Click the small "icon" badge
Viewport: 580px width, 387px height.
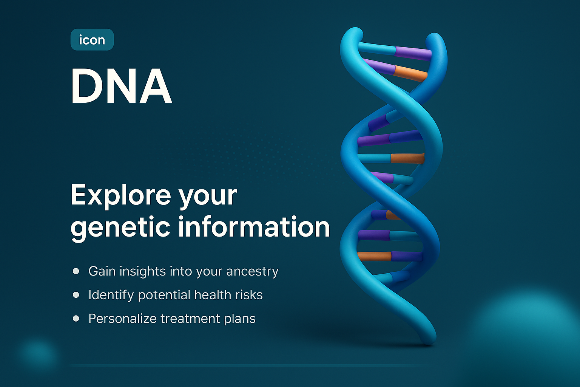click(92, 40)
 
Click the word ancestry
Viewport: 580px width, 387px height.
click(252, 272)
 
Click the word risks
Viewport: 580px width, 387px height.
click(248, 295)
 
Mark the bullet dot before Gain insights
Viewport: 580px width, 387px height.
click(76, 271)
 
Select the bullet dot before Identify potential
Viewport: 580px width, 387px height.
click(76, 295)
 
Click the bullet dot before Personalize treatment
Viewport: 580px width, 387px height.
click(76, 319)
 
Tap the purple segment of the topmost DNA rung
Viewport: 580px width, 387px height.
click(413, 53)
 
